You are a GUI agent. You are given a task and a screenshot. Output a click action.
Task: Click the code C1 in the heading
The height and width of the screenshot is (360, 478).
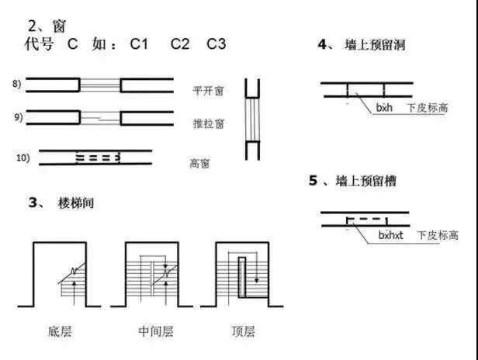(x=139, y=44)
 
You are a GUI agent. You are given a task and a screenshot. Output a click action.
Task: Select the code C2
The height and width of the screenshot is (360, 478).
(x=180, y=44)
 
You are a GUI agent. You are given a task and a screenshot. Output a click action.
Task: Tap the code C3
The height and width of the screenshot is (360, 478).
(x=216, y=44)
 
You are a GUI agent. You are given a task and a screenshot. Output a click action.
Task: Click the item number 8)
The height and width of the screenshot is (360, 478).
(x=19, y=83)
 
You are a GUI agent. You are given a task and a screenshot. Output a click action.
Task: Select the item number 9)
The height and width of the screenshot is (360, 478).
(x=19, y=117)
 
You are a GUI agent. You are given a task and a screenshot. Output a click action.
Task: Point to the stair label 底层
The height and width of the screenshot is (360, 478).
(x=60, y=332)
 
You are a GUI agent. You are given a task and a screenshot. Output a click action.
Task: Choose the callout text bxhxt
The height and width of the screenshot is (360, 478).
(x=393, y=234)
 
